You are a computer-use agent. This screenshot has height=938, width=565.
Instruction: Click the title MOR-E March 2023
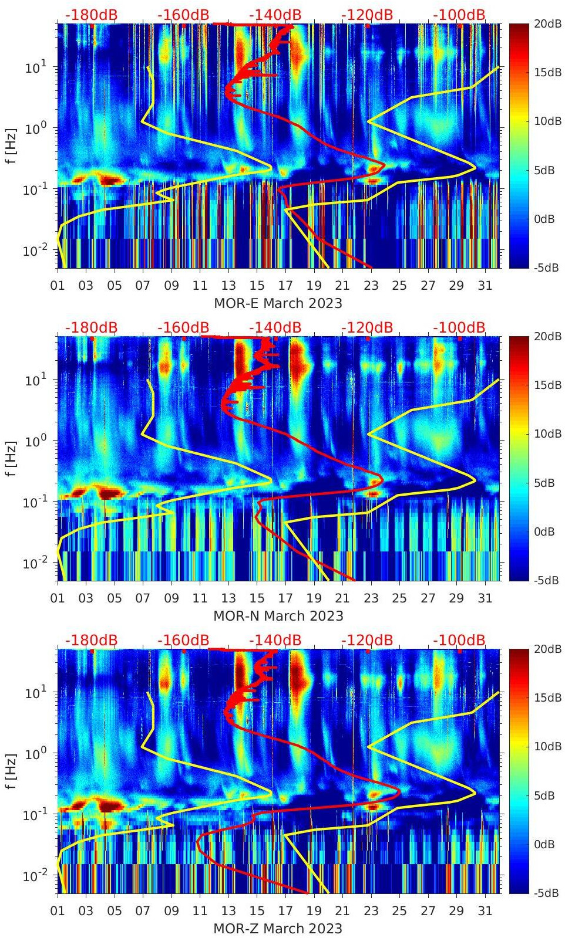click(x=278, y=303)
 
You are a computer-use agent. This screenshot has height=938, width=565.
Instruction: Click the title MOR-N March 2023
click(x=278, y=616)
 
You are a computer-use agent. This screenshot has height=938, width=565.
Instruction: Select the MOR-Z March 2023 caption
click(x=278, y=929)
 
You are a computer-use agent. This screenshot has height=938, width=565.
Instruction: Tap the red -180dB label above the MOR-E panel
click(x=91, y=15)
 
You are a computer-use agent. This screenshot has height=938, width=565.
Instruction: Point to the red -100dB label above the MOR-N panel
click(x=459, y=328)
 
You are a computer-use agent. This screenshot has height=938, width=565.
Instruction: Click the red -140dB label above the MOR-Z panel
click(x=275, y=641)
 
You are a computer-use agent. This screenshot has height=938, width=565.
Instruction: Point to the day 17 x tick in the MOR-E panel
click(x=285, y=286)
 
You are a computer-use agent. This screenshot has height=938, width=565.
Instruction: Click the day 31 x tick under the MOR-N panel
click(x=485, y=598)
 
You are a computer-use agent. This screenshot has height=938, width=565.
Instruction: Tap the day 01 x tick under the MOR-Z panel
click(x=58, y=911)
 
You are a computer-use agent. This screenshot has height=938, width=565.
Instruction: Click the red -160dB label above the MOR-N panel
click(x=183, y=328)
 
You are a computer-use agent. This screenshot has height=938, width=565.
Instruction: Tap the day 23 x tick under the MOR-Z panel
click(x=371, y=911)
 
